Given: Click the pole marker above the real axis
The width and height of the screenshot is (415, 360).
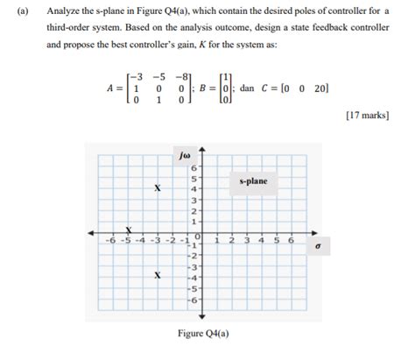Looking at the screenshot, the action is [158, 187].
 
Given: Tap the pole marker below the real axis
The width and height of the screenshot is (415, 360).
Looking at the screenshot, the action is [158, 274].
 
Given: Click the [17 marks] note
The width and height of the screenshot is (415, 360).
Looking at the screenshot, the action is [368, 115].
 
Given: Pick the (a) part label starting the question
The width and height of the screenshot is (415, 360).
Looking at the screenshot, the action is [20, 11].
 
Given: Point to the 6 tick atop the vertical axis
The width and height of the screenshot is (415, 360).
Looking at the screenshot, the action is [194, 166].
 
